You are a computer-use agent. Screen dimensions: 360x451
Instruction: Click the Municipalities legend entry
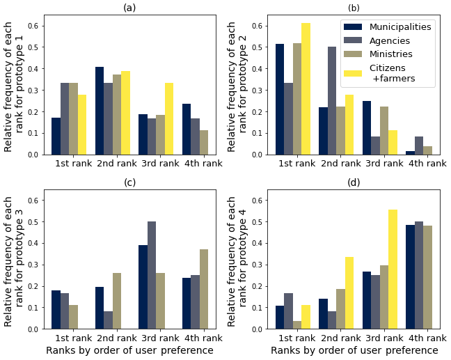pyautogui.click(x=400, y=26)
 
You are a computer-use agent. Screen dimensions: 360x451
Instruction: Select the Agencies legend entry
pyautogui.click(x=389, y=40)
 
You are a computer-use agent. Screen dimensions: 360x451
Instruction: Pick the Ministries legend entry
pyautogui.click(x=390, y=54)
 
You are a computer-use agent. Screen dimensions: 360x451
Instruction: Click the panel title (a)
pyautogui.click(x=129, y=8)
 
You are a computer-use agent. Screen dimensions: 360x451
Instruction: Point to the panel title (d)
pyautogui.click(x=354, y=182)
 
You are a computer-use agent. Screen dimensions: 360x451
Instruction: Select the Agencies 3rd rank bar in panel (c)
pyautogui.click(x=152, y=275)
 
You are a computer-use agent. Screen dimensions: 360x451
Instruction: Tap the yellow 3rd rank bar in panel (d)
pyautogui.click(x=393, y=269)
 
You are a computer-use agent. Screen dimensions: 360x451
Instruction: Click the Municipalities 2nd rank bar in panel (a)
pyautogui.click(x=100, y=111)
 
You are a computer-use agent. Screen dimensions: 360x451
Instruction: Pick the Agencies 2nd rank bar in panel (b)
pyautogui.click(x=332, y=100)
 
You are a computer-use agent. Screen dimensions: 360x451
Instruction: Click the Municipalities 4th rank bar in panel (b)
pyautogui.click(x=411, y=152)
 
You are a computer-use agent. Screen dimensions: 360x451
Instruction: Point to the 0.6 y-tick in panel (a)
pyautogui.click(x=35, y=26)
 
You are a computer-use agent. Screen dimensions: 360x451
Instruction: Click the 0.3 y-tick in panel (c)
pyautogui.click(x=35, y=265)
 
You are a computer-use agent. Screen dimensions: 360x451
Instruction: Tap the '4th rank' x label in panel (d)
pyautogui.click(x=427, y=338)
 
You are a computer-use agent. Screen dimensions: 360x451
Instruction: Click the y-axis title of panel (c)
pyautogui.click(x=14, y=262)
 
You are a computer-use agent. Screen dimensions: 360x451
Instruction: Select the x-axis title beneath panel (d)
pyautogui.click(x=354, y=351)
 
